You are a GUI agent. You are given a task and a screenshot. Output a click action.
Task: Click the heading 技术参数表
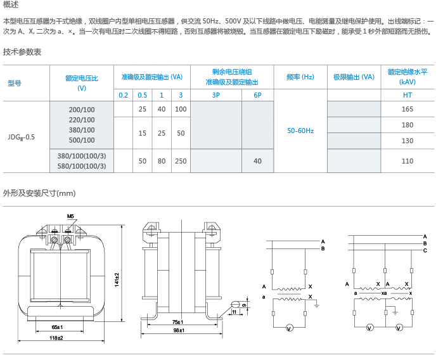click(22, 52)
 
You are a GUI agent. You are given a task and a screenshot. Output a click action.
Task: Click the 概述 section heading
click(11, 5)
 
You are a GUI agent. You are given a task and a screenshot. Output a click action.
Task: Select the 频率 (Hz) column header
click(300, 77)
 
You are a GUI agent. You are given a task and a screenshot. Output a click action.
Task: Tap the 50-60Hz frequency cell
click(300, 131)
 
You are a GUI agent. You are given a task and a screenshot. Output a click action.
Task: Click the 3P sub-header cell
click(215, 94)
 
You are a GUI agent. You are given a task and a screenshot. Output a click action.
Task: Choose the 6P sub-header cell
click(257, 94)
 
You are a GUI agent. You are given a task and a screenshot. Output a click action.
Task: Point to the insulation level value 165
click(408, 110)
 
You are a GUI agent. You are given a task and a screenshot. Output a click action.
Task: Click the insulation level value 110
click(408, 161)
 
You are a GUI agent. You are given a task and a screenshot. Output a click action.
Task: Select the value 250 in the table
click(181, 161)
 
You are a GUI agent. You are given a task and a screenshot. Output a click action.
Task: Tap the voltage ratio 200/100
click(81, 110)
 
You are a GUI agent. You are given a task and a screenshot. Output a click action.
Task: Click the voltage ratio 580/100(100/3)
click(81, 167)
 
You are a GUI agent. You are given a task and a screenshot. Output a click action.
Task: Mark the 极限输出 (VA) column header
click(354, 77)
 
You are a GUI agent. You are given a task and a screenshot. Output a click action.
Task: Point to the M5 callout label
click(70, 217)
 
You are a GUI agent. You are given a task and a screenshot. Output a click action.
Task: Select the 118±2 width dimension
click(56, 338)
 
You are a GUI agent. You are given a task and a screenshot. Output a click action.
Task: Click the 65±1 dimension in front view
click(56, 326)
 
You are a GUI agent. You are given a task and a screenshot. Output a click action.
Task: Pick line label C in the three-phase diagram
click(425, 251)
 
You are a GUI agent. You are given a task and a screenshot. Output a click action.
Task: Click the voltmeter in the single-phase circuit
click(289, 328)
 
